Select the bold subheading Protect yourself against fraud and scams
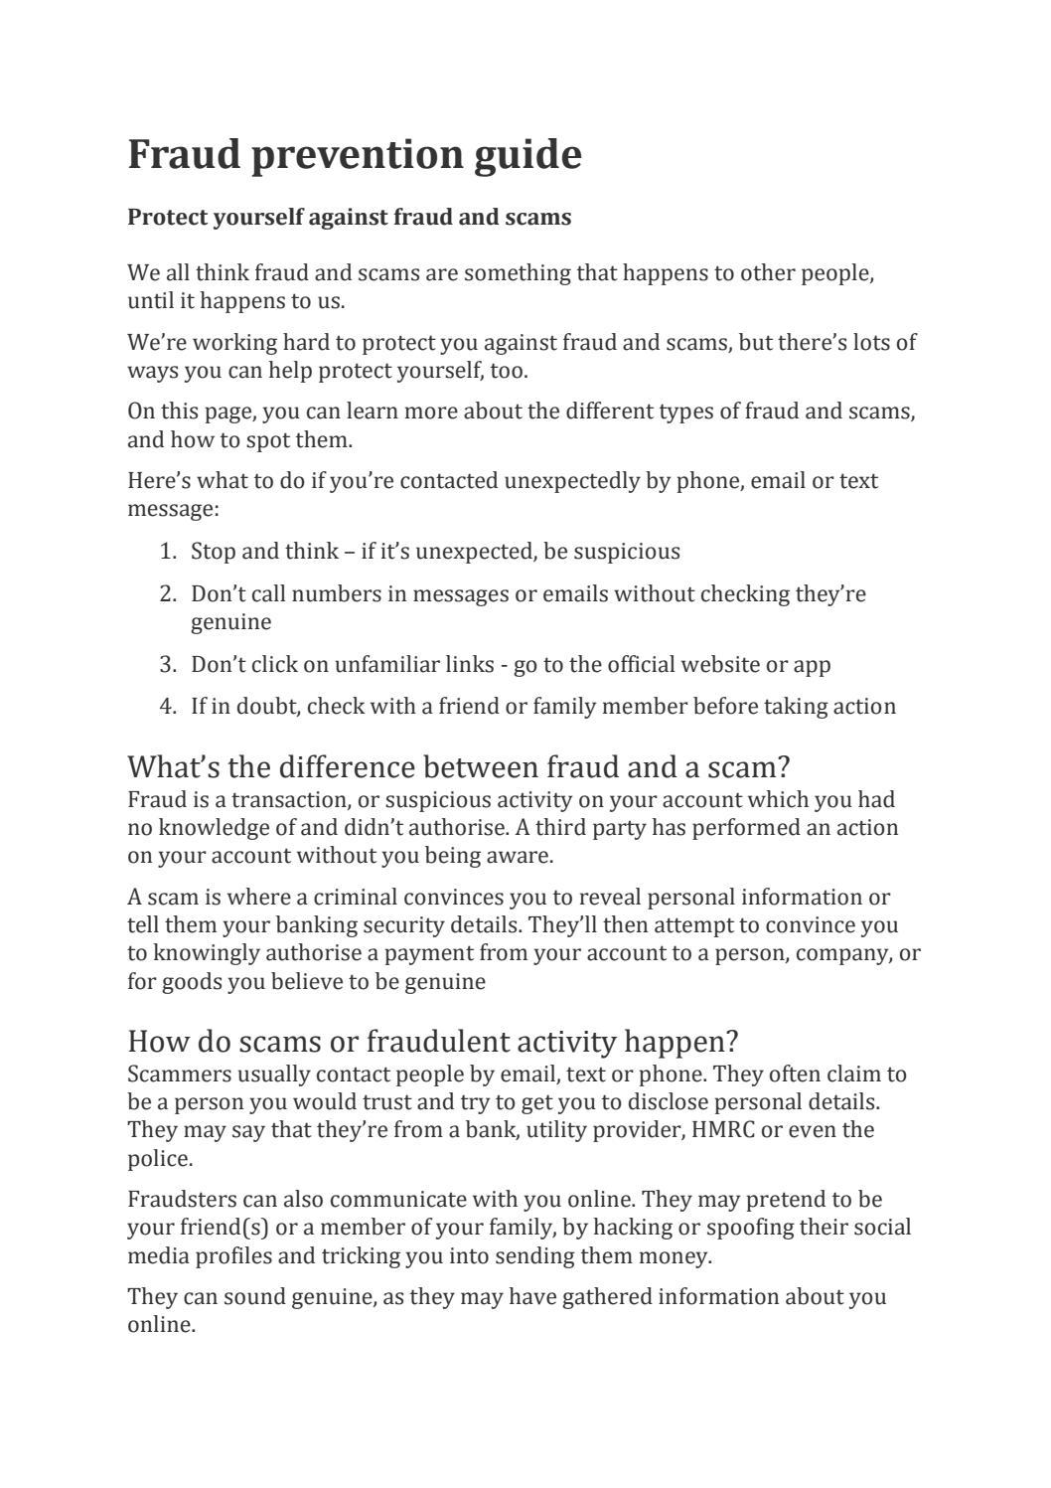point(349,217)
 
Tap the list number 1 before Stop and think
point(167,552)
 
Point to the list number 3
point(167,664)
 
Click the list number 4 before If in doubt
point(167,707)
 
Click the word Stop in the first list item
point(213,552)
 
